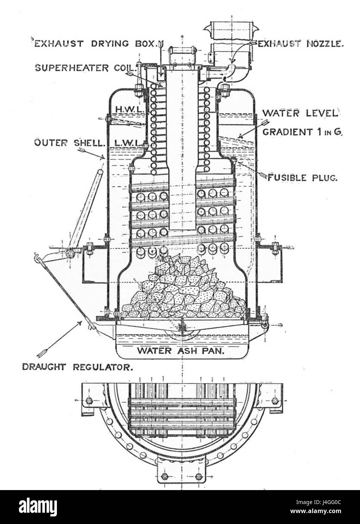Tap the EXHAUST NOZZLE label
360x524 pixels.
300,44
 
